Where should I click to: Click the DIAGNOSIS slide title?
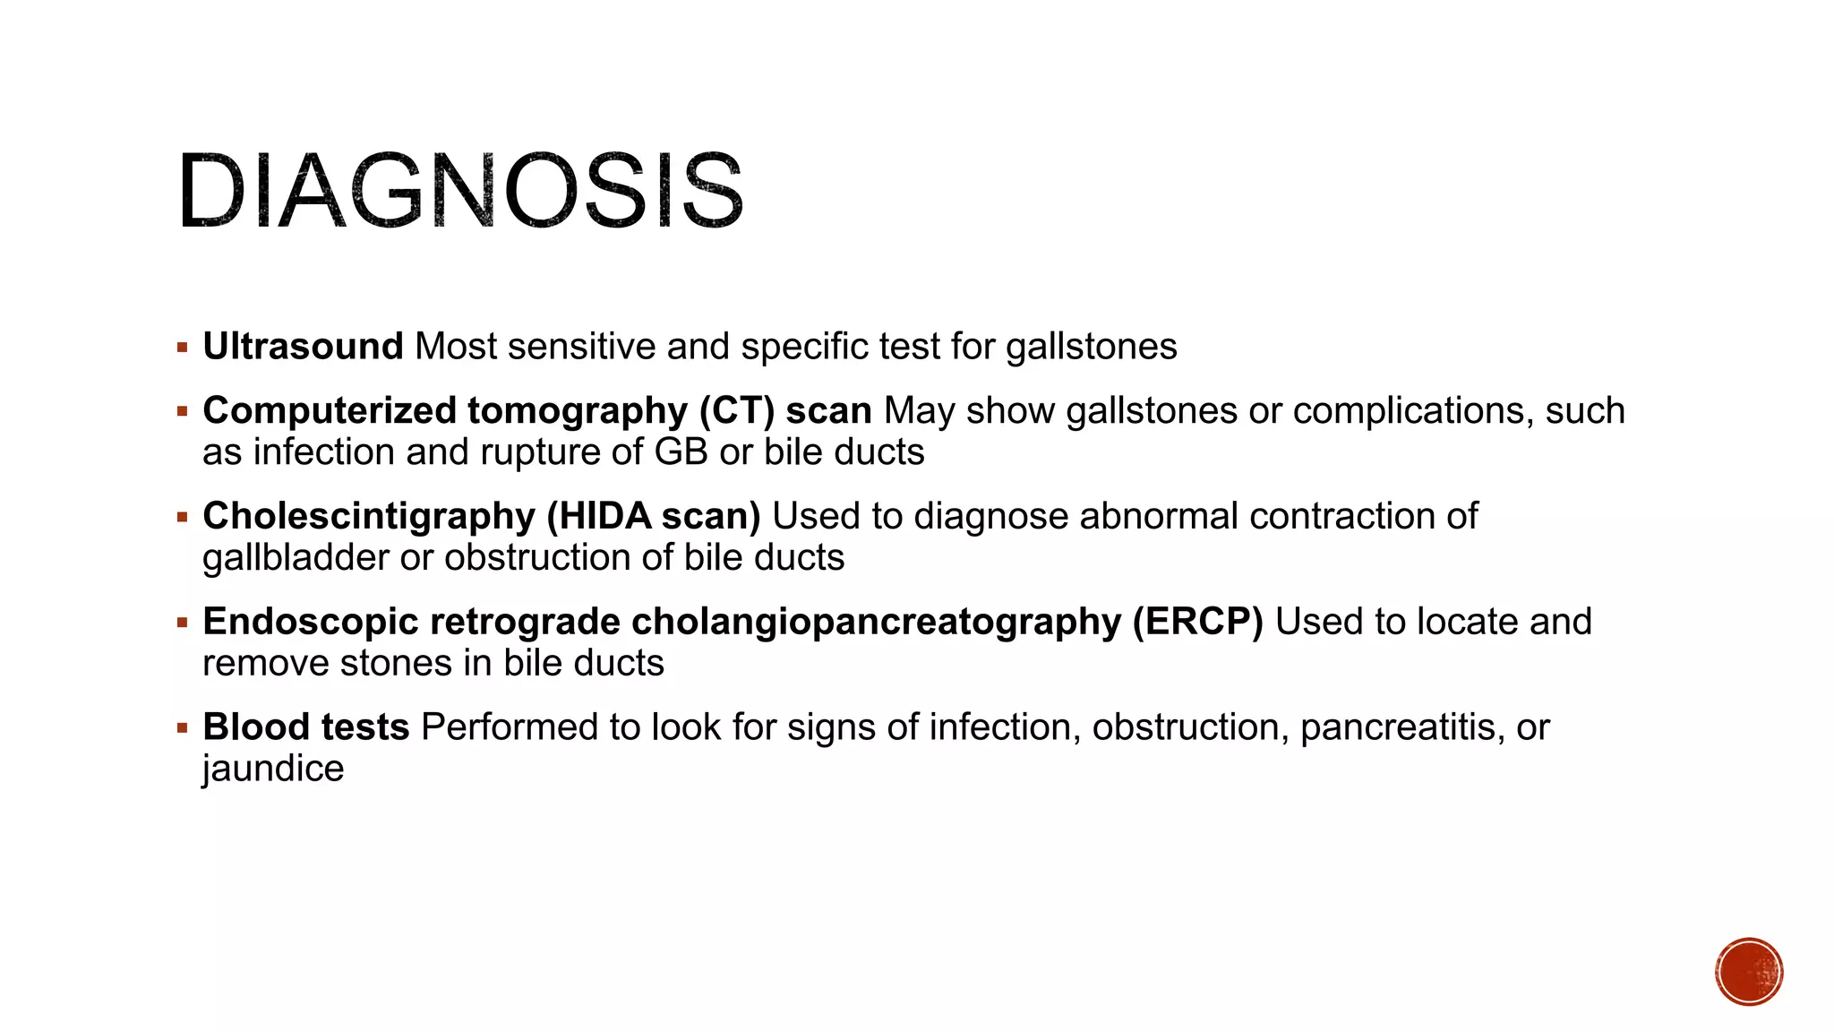(x=460, y=192)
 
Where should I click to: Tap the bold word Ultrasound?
(x=303, y=347)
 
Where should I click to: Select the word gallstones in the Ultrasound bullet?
(x=1091, y=347)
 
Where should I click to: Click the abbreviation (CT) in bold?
(x=737, y=410)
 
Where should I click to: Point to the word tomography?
(x=578, y=411)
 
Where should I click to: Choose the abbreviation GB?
(x=681, y=451)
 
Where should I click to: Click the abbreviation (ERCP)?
(x=1197, y=622)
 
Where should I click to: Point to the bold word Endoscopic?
(x=310, y=622)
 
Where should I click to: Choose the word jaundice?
(x=273, y=769)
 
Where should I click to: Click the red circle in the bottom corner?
(x=1749, y=972)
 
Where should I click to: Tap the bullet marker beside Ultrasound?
(x=183, y=347)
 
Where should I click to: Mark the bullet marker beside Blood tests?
(x=183, y=727)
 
